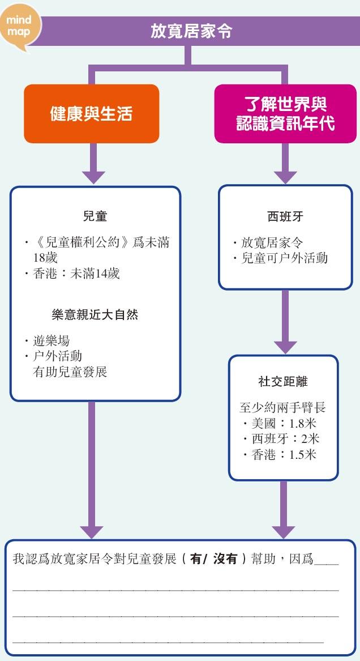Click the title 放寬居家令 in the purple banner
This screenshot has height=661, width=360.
[191, 31]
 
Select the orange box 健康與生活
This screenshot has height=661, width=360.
[91, 113]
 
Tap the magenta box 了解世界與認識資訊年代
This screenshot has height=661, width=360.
[285, 113]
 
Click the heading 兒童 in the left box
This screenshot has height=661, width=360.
[95, 216]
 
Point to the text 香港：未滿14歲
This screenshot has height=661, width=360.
[76, 274]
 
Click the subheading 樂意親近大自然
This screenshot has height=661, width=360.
[95, 315]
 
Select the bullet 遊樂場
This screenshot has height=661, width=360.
[51, 340]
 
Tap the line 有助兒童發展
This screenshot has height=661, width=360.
[70, 372]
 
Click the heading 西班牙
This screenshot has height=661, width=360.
[285, 217]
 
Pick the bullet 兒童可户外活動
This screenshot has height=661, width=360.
[284, 258]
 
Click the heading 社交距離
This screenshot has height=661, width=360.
[283, 382]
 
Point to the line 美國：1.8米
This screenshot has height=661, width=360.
[284, 423]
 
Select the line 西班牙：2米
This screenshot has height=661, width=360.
[285, 439]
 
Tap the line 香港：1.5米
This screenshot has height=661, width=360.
[284, 455]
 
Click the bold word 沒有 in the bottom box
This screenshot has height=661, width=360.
[225, 559]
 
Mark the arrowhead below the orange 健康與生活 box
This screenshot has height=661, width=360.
[93, 177]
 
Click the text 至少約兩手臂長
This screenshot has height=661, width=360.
[282, 407]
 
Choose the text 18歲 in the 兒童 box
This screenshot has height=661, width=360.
[45, 258]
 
